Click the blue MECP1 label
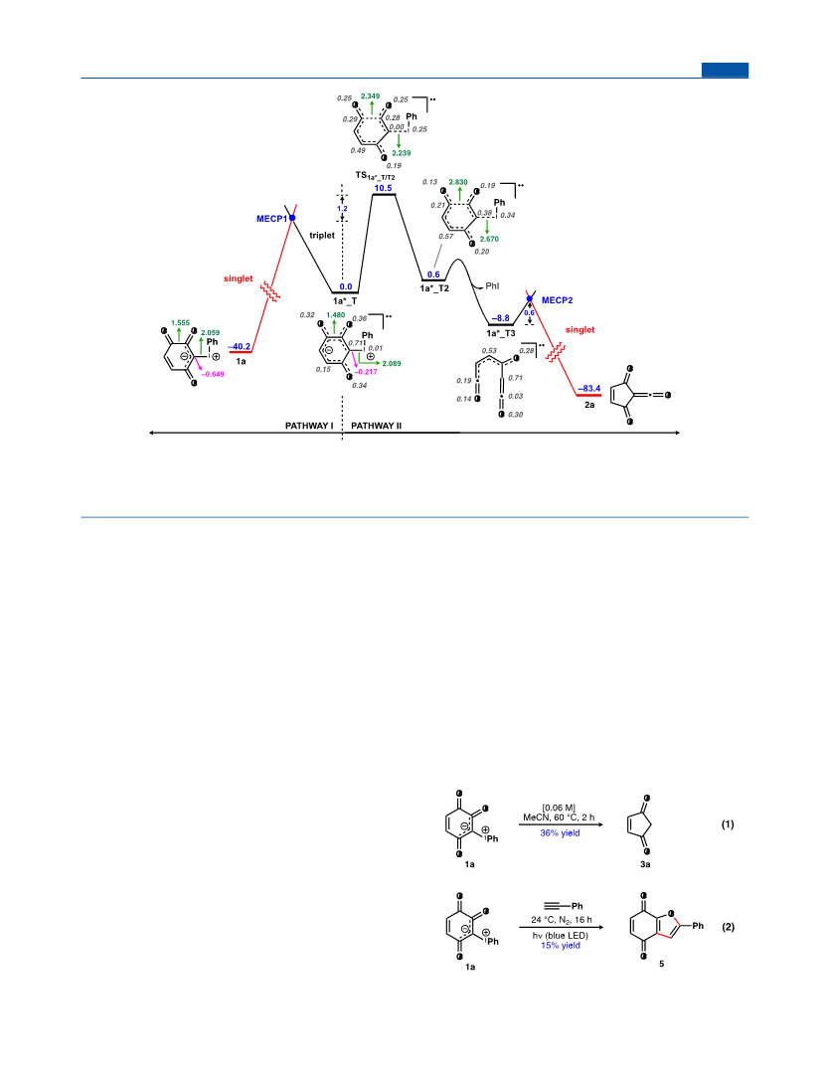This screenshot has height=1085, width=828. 271,219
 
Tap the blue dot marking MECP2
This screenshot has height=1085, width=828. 530,299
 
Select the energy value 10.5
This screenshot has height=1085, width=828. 384,188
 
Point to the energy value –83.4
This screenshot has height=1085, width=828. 589,389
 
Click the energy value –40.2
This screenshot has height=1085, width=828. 240,347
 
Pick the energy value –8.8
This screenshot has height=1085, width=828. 501,319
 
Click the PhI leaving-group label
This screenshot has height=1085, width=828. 492,285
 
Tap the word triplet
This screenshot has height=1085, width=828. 322,236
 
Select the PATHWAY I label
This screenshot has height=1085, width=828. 309,426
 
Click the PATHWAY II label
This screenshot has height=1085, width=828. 377,426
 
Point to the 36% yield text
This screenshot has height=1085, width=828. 561,833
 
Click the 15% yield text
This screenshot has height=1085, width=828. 561,945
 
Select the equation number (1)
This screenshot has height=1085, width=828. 728,824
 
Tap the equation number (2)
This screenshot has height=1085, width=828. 728,927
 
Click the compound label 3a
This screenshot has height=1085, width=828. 645,864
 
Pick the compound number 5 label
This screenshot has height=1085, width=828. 661,964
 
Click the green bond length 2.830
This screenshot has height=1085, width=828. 458,182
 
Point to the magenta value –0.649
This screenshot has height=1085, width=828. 213,374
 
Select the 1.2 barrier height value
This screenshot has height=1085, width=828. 342,208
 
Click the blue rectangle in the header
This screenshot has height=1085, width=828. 725,70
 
